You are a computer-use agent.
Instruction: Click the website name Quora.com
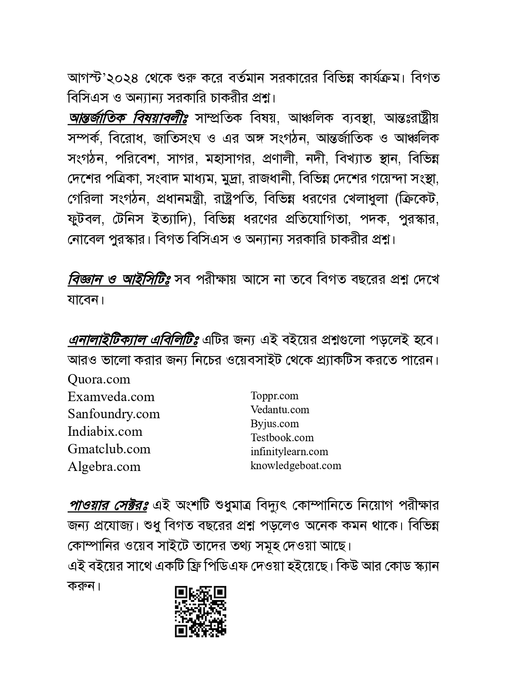[99, 379]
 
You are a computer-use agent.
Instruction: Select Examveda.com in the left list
[111, 397]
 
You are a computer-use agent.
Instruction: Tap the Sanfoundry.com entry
[114, 414]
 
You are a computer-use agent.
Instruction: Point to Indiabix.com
[105, 431]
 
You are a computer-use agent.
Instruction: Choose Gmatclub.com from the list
[109, 449]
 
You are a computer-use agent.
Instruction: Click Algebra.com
[104, 466]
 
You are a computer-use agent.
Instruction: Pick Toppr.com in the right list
[274, 396]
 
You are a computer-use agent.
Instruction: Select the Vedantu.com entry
[280, 410]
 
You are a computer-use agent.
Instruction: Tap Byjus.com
[274, 424]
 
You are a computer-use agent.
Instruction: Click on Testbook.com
[282, 438]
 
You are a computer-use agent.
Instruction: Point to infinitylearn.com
[289, 452]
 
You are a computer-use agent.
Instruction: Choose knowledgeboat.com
[296, 466]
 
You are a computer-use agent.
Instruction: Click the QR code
[201, 611]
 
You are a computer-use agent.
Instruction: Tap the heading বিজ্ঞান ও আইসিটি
[119, 280]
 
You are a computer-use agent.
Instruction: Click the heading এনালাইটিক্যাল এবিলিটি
[133, 339]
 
